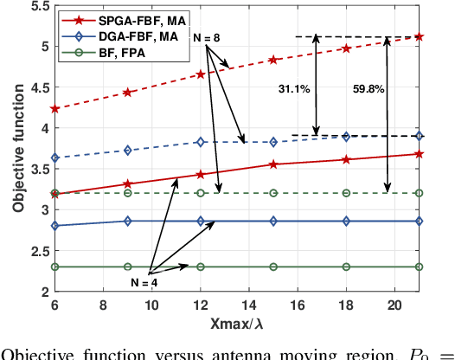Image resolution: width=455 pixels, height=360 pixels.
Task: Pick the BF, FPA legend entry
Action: (x=111, y=54)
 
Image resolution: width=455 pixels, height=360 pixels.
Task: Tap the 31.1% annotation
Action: (x=292, y=88)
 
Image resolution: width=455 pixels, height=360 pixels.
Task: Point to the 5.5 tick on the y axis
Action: (x=38, y=6)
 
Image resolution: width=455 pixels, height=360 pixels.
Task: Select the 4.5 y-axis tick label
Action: (x=38, y=87)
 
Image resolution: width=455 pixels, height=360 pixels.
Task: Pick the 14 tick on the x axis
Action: (x=249, y=305)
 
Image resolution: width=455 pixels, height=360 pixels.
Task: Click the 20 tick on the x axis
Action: (x=395, y=305)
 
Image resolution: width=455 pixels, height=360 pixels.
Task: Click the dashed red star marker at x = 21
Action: (x=420, y=36)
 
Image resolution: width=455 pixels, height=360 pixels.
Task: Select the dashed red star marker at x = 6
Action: (x=55, y=109)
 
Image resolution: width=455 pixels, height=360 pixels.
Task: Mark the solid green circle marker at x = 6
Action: (x=55, y=267)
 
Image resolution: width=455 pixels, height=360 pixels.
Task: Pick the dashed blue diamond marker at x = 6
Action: (x=55, y=157)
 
